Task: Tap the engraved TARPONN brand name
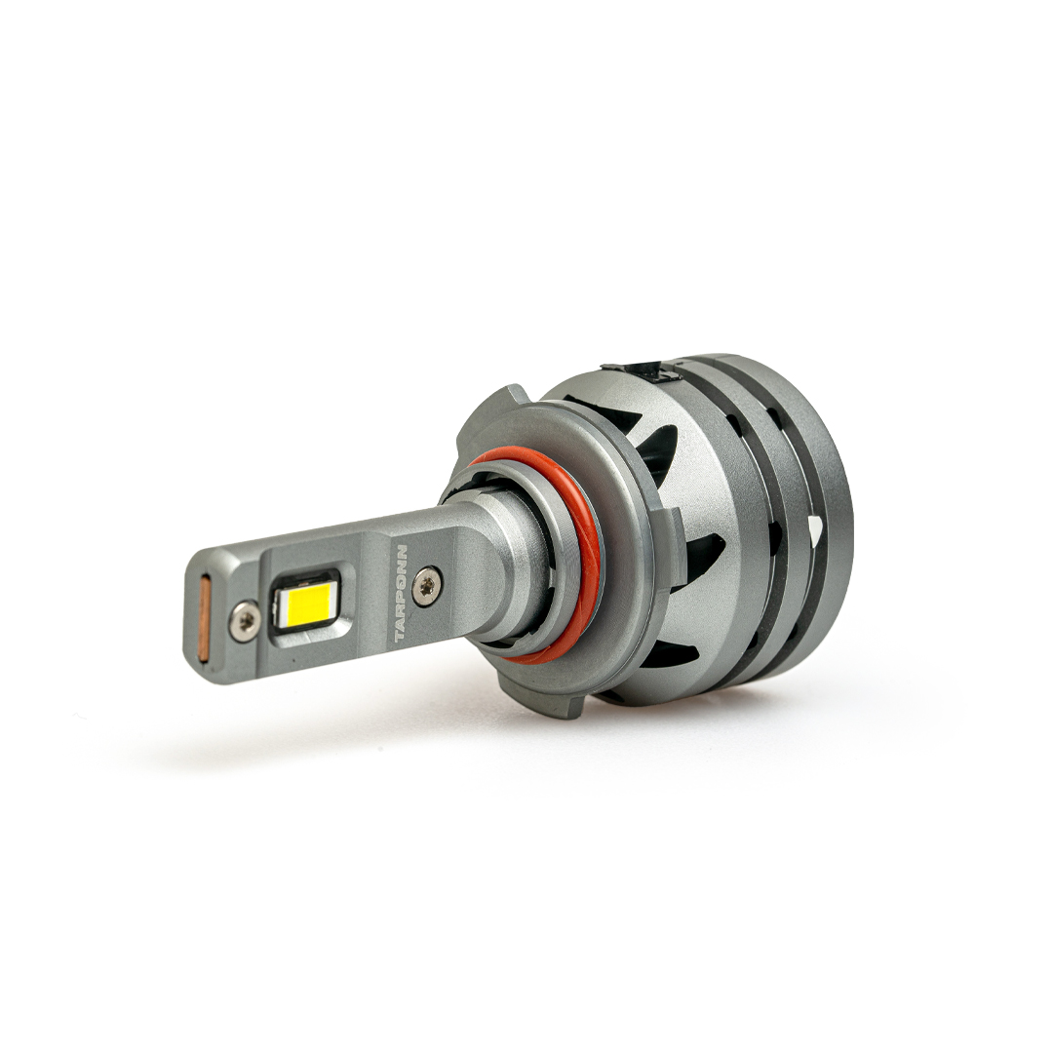[x=401, y=593]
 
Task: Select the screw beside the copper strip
[x=245, y=620]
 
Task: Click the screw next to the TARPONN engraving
[x=428, y=586]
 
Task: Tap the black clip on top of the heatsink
[x=642, y=370]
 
